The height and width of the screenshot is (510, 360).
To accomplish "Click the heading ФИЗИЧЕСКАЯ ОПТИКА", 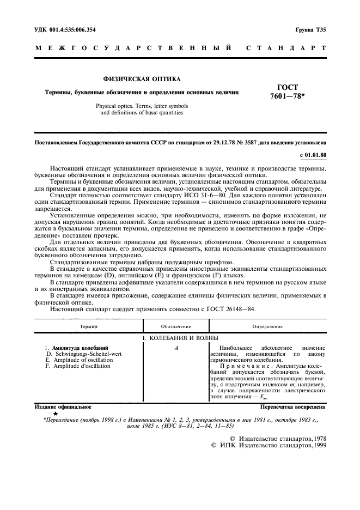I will tap(142, 80).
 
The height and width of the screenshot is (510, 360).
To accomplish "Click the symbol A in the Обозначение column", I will tap(177, 348).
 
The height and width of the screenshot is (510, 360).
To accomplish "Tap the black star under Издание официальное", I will tap(56, 414).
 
